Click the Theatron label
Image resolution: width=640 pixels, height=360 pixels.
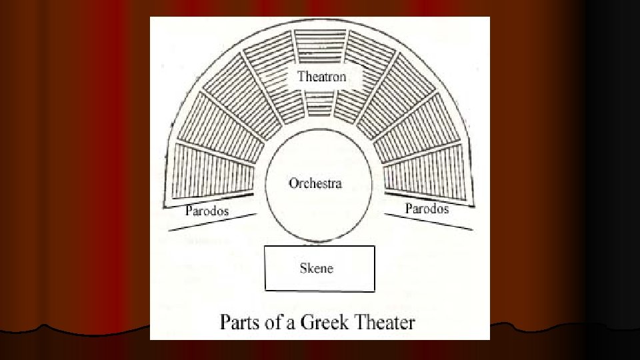[x=322, y=77]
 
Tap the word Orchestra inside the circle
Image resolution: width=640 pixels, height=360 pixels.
[x=315, y=183]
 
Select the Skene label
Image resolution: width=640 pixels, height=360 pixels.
[x=316, y=269]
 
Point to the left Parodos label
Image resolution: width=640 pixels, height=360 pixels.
[x=207, y=211]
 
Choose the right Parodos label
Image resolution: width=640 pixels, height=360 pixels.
[x=427, y=209]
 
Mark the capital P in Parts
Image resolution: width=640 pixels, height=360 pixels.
[x=226, y=323]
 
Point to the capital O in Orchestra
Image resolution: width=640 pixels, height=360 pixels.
[x=293, y=183]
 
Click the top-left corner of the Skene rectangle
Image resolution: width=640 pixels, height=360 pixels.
[x=265, y=247]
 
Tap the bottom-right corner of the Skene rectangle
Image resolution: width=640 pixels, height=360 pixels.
[x=374, y=291]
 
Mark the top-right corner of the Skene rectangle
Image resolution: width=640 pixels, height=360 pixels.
[x=374, y=247]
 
